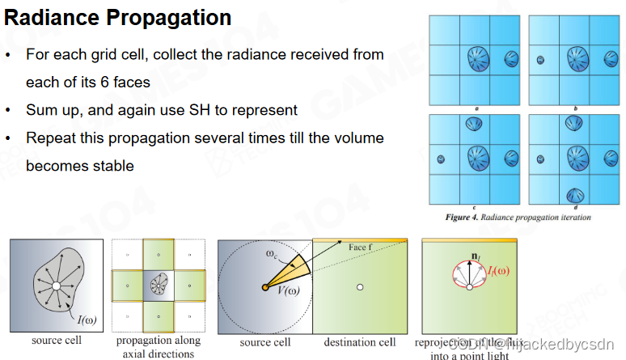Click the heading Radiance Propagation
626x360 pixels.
point(118,18)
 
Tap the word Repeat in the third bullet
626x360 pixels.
point(49,138)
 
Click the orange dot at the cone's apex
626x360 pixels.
point(264,287)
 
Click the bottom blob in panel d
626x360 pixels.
point(578,195)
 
